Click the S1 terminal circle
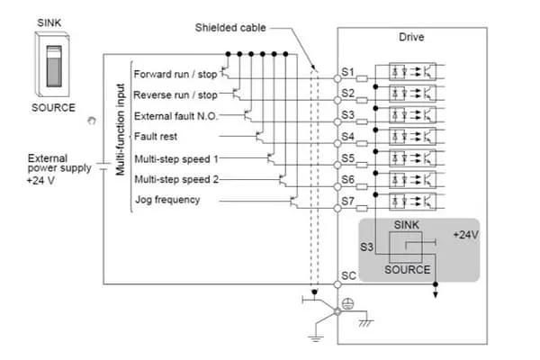tap(337, 79)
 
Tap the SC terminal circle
tap(337, 284)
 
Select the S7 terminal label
tap(347, 201)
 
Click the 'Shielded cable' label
tap(230, 28)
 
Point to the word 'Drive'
tap(411, 37)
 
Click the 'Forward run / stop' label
tap(175, 75)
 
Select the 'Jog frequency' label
tap(167, 200)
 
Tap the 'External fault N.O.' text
tap(176, 116)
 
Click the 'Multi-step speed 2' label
tap(176, 179)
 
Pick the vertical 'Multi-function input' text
tap(120, 130)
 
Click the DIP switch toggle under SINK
tap(54, 66)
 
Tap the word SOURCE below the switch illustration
tap(53, 108)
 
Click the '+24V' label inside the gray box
tap(465, 235)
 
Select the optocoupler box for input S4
tap(412, 137)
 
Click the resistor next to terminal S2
tap(362, 100)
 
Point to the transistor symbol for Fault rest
tap(260, 137)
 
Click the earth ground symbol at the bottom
tap(316, 337)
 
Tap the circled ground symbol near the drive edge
tap(347, 303)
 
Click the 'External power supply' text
tap(59, 163)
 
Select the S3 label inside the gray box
tap(366, 247)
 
